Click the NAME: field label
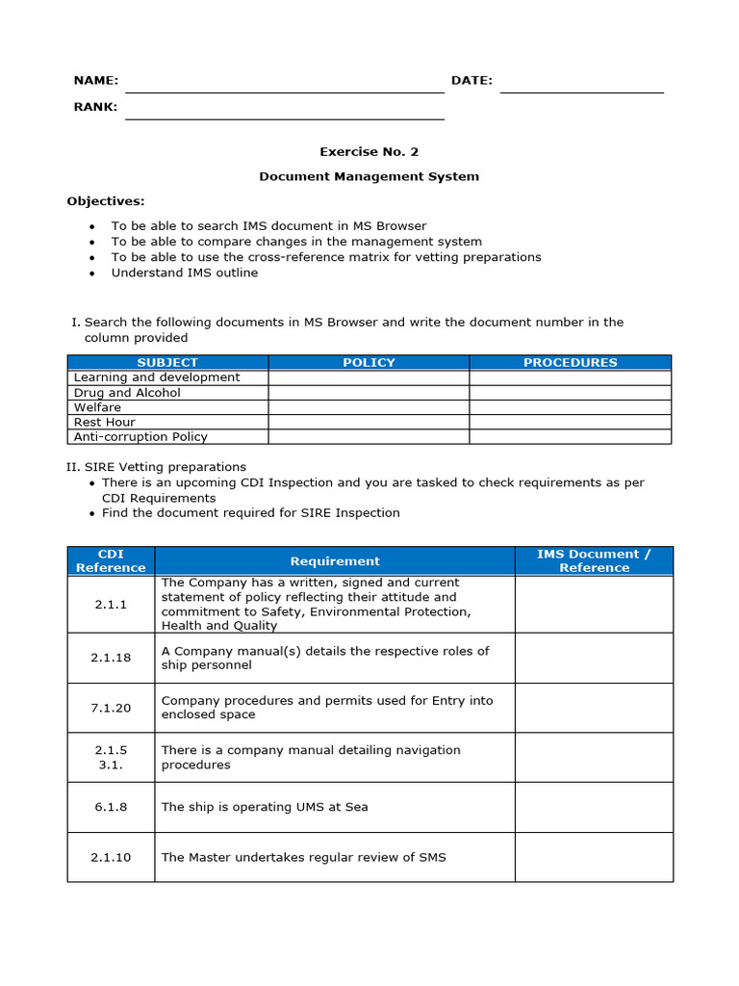[95, 81]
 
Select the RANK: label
[95, 107]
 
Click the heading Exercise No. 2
[369, 151]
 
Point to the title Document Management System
[369, 176]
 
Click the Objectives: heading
[105, 201]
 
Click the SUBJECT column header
[167, 362]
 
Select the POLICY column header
[369, 362]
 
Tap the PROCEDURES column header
[570, 362]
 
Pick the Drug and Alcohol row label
[127, 393]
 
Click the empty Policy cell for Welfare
[369, 407]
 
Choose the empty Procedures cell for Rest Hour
[570, 422]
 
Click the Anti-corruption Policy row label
[140, 436]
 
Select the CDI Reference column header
[111, 560]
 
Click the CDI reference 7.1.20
[111, 708]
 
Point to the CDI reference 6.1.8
[111, 807]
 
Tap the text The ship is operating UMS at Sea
[265, 807]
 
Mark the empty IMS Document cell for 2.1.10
[594, 857]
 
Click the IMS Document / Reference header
[594, 560]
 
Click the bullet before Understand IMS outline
[91, 273]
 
